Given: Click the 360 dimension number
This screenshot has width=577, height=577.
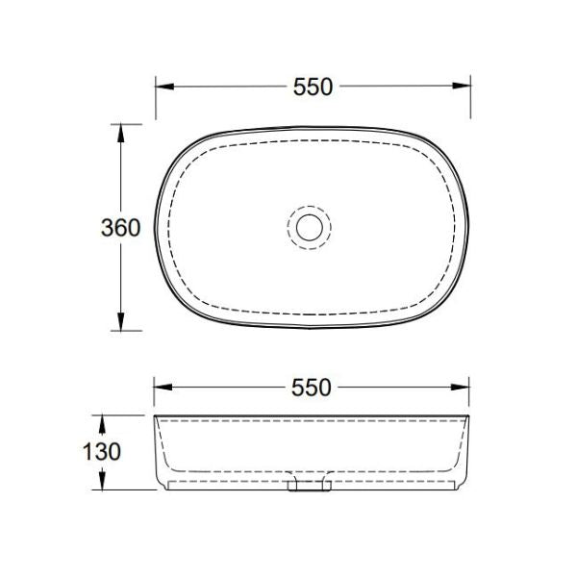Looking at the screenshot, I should [120, 228].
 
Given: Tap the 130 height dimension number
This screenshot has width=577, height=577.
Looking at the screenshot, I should [101, 451].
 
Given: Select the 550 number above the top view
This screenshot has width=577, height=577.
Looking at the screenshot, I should [313, 86].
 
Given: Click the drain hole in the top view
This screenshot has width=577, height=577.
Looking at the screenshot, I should [309, 227].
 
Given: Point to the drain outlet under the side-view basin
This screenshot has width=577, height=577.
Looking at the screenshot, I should [309, 487].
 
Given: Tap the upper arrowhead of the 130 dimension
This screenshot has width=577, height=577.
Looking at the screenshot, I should [101, 422].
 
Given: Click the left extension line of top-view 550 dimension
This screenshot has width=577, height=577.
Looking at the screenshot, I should [155, 96].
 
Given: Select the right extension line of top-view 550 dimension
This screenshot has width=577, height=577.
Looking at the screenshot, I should [470, 96].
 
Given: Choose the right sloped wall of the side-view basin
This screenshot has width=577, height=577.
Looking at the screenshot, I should [464, 452].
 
